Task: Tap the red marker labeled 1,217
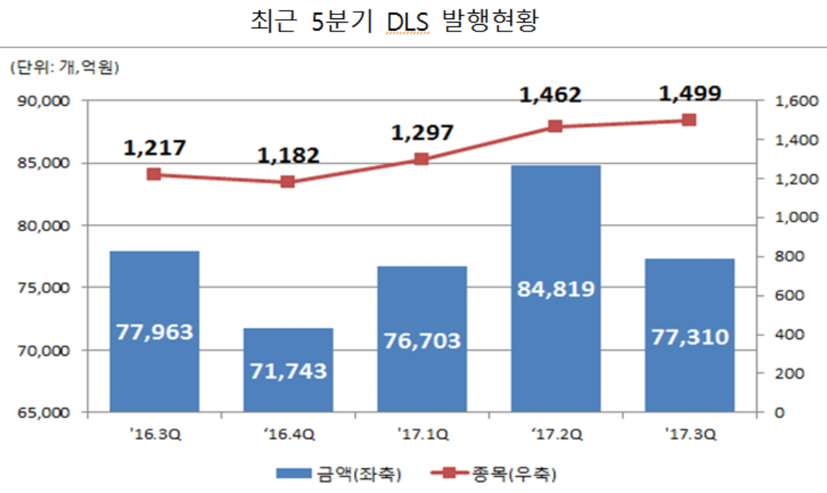[x=154, y=175]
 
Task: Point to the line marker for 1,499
[x=689, y=120]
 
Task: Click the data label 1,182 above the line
[x=288, y=155]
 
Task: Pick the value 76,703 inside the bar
[x=421, y=340]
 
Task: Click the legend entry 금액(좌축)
[x=333, y=472]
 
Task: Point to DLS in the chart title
[x=407, y=23]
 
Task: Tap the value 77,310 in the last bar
[x=689, y=336]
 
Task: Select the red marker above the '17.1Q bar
[x=421, y=159]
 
